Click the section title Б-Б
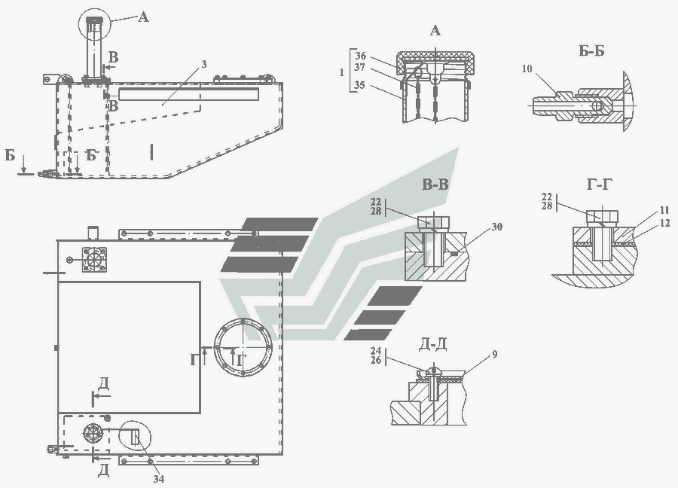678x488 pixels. pyautogui.click(x=591, y=51)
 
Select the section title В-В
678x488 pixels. pyautogui.click(x=435, y=185)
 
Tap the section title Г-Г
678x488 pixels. pyautogui.click(x=600, y=185)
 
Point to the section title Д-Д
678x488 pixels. pyautogui.click(x=433, y=344)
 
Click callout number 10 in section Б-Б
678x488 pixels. pyautogui.click(x=527, y=69)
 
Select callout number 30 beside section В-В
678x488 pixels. pyautogui.click(x=497, y=227)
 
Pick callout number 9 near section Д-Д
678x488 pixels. pyautogui.click(x=495, y=355)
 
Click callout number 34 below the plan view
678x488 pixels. pyautogui.click(x=159, y=479)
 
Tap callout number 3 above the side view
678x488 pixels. pyautogui.click(x=203, y=65)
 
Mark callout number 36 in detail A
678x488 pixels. pyautogui.click(x=361, y=56)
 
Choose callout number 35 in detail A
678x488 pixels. pyautogui.click(x=360, y=84)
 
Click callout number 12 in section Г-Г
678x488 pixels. pyautogui.click(x=665, y=223)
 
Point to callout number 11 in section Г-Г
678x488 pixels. pyautogui.click(x=665, y=212)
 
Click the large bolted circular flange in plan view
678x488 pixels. pyautogui.click(x=244, y=347)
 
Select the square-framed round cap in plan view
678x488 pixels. pyautogui.click(x=94, y=259)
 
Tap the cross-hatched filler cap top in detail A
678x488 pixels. pyautogui.click(x=437, y=57)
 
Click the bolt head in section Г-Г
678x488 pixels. pyautogui.click(x=602, y=217)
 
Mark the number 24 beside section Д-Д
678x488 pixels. pyautogui.click(x=376, y=350)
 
